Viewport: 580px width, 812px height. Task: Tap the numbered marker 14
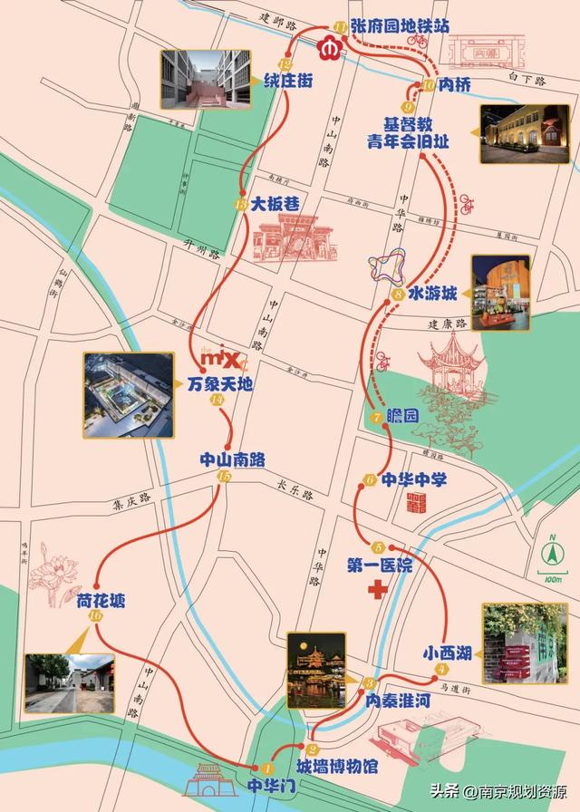point(216,401)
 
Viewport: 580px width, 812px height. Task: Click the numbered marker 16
point(96,616)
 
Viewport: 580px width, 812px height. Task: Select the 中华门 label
point(268,784)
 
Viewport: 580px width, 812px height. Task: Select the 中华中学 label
point(413,479)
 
